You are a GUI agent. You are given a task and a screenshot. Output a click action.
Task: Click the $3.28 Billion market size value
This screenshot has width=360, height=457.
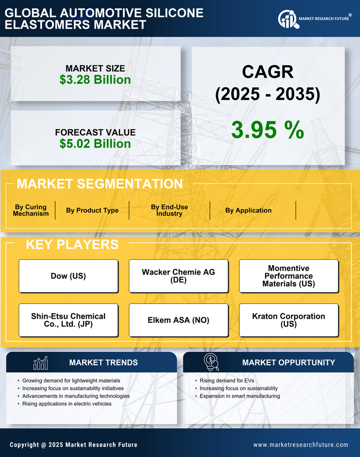95,80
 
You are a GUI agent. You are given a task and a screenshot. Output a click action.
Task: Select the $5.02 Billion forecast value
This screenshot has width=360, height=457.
95,144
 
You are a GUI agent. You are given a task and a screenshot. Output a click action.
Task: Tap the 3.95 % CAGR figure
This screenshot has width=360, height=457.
267,130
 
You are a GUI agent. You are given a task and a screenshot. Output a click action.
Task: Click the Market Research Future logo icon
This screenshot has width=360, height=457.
287,19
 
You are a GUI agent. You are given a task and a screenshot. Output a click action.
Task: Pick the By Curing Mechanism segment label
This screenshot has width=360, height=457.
31,210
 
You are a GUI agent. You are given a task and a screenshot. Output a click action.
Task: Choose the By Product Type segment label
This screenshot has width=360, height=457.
92,210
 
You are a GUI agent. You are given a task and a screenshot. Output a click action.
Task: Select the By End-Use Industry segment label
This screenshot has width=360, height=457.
169,210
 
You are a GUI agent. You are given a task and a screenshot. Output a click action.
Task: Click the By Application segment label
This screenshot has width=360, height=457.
248,210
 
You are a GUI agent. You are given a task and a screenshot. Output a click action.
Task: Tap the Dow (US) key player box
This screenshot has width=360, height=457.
68,276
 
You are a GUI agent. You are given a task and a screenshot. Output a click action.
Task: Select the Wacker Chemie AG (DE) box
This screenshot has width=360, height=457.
178,276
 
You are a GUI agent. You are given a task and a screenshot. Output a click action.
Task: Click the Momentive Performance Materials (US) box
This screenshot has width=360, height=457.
289,276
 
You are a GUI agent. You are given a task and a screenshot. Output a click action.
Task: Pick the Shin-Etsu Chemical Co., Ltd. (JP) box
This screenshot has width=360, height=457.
68,320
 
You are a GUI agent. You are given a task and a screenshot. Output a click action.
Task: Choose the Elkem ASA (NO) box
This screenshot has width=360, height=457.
178,320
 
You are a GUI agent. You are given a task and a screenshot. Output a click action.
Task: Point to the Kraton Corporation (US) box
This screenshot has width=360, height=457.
289,320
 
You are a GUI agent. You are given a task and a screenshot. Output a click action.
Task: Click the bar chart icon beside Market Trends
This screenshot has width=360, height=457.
41,363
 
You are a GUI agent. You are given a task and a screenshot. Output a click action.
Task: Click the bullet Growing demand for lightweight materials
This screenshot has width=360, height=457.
71,381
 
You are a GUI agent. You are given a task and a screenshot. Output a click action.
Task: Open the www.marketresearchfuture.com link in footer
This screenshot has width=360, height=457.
301,445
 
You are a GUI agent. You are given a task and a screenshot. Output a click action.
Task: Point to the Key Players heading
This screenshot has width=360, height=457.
72,244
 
